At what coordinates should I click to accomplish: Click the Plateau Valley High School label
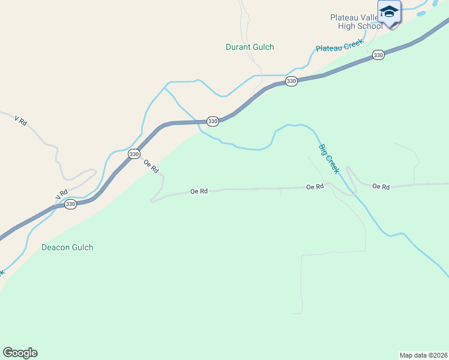coord(356,22)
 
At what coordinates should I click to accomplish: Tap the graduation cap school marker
coord(389,13)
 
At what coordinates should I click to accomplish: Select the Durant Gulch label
coord(250,47)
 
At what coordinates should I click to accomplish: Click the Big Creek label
coord(329,158)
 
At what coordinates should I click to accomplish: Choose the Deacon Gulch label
coord(67,247)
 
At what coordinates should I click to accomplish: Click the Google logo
coord(20,353)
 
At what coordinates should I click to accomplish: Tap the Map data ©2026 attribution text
coord(423,355)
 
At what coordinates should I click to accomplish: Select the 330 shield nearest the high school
coord(378,55)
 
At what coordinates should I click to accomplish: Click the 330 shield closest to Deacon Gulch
coord(70,205)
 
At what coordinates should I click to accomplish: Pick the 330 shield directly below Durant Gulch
coord(291,81)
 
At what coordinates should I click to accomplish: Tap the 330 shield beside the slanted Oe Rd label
coord(134,154)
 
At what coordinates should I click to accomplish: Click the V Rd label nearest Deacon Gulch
coord(61,195)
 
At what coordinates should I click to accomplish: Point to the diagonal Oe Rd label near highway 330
coord(151,166)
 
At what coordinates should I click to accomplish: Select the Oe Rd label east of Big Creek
coord(381,187)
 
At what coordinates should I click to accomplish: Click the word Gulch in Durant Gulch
coord(263,47)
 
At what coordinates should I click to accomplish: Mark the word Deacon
coord(54,247)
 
